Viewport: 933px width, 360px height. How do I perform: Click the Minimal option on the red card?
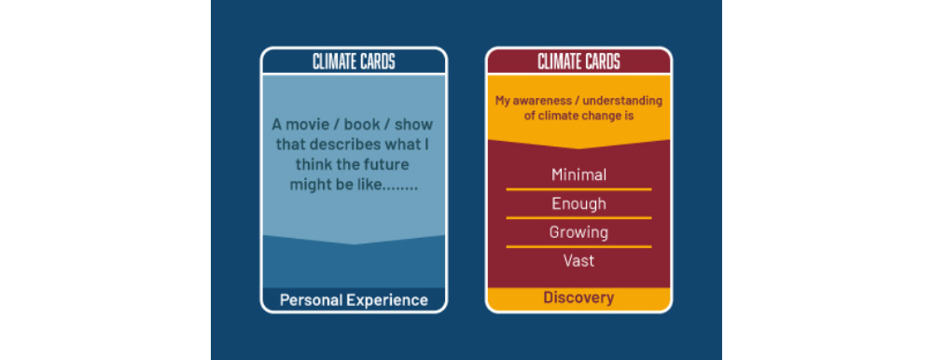(x=579, y=175)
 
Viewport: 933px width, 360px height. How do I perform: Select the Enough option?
(x=579, y=204)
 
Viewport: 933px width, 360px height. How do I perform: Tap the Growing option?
(x=579, y=232)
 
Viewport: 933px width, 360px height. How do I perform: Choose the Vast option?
(x=579, y=260)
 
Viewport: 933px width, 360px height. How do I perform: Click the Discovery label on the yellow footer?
(x=578, y=298)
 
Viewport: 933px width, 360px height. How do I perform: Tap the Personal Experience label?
(x=354, y=300)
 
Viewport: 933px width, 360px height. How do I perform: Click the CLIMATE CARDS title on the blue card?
(x=354, y=62)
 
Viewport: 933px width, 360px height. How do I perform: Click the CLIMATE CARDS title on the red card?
(x=579, y=62)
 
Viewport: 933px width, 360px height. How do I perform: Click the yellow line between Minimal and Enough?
(x=579, y=189)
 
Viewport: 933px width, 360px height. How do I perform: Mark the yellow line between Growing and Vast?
(x=579, y=246)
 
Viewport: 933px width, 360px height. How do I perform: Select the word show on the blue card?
(x=415, y=125)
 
